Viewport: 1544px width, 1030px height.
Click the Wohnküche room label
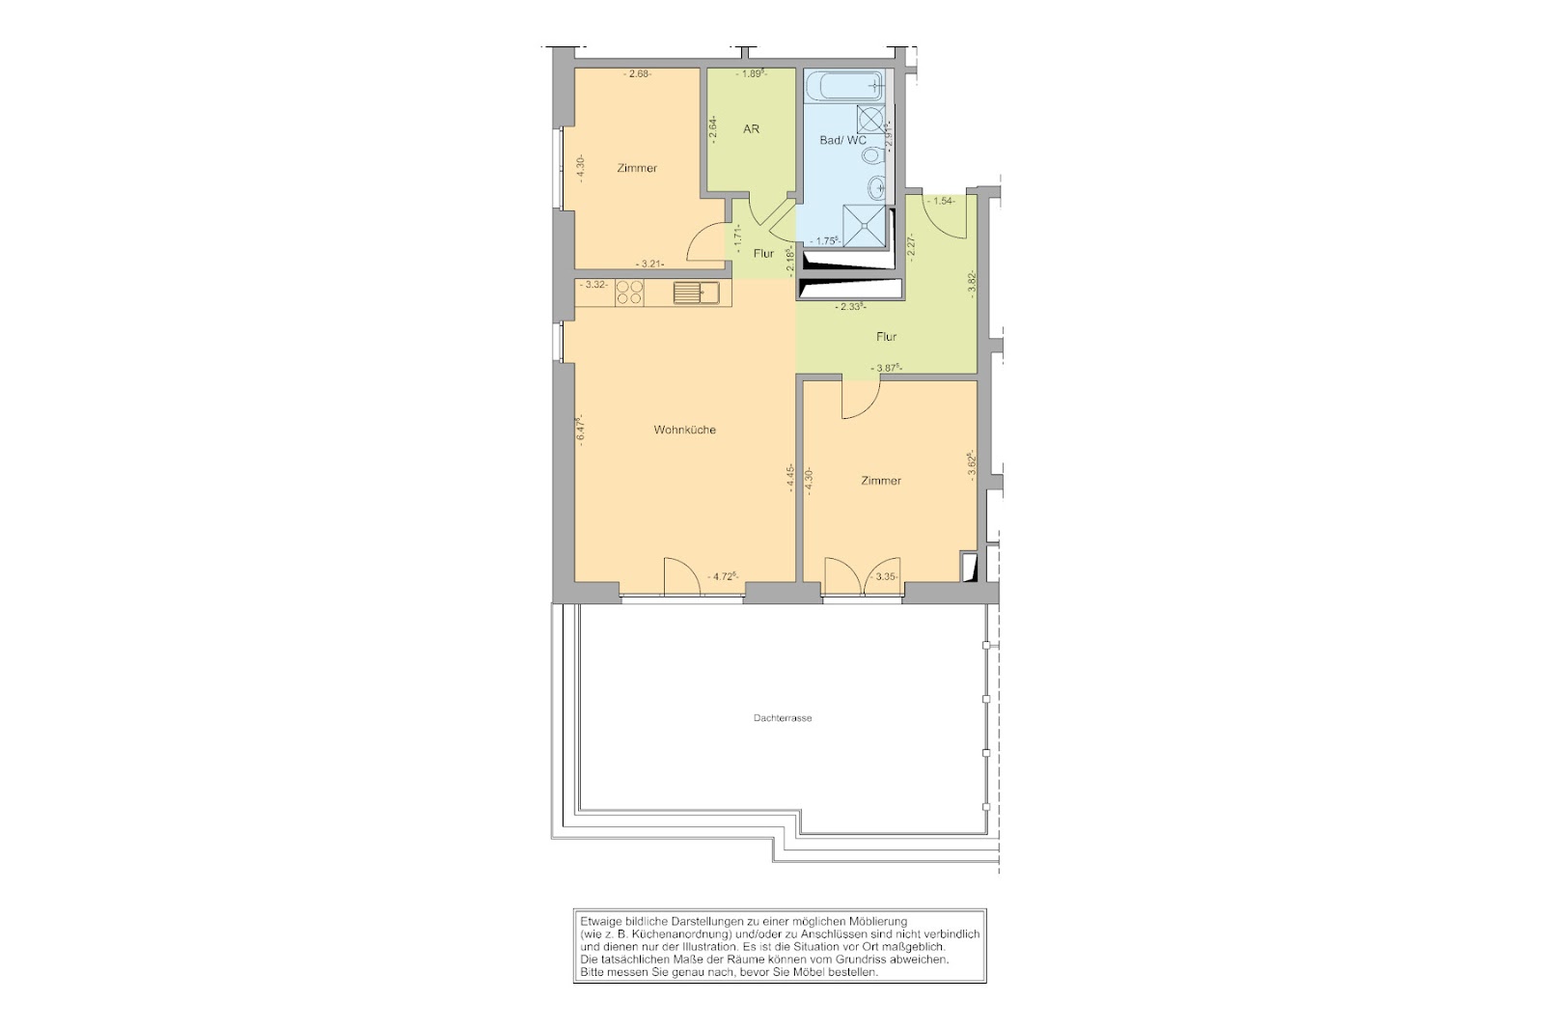click(x=684, y=430)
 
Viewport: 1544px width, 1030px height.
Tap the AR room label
click(x=752, y=129)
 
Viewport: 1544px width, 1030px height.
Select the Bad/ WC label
click(x=842, y=140)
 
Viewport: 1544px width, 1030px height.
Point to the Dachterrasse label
click(x=783, y=717)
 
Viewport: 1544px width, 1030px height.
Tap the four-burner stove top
click(x=147, y=292)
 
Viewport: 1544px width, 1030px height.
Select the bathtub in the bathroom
click(x=843, y=86)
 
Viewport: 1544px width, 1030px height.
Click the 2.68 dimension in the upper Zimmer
click(x=155, y=74)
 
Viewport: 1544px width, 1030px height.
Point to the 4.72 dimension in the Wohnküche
click(x=723, y=576)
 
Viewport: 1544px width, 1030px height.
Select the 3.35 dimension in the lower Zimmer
click(x=884, y=576)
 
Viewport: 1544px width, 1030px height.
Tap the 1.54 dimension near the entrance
click(x=942, y=202)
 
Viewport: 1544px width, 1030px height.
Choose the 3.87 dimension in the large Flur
click(x=887, y=368)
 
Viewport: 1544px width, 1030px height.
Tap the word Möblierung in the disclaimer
click(x=874, y=921)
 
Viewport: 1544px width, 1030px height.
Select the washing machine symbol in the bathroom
click(x=870, y=120)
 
